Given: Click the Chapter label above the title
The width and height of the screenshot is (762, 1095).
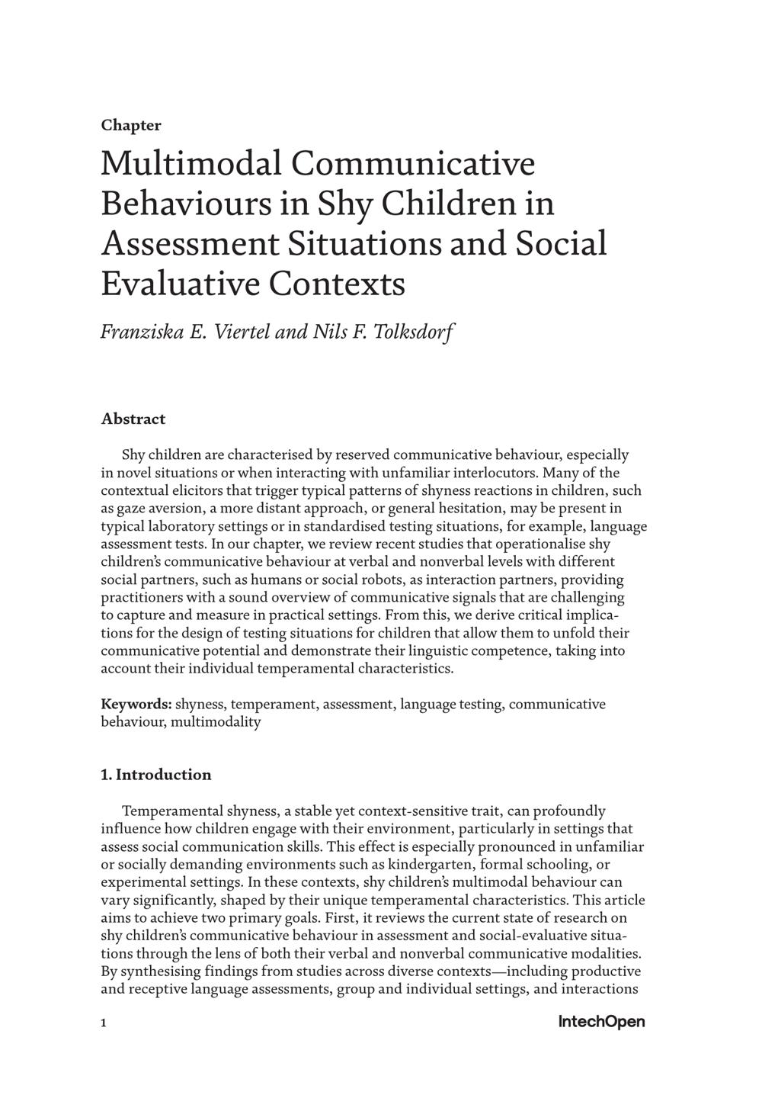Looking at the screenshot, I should pos(131,125).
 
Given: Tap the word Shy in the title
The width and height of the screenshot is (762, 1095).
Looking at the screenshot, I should pos(343,204).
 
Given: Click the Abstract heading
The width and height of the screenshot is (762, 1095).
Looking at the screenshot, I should pos(133,419).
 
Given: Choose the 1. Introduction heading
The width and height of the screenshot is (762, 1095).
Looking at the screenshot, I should pos(156,775).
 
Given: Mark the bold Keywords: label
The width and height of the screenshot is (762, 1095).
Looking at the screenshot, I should pos(136,704).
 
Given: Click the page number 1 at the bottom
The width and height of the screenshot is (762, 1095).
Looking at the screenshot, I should pos(104,1023).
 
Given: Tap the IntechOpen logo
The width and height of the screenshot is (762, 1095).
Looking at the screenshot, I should pos(601,1022).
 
